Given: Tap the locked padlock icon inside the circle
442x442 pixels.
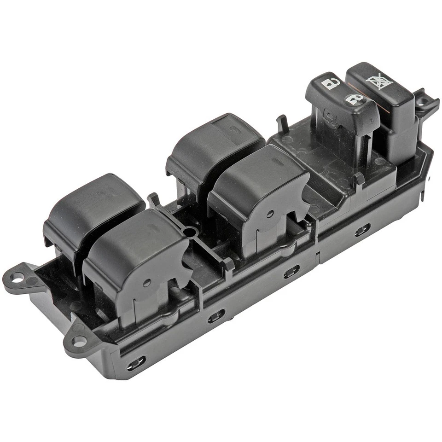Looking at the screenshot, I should [x=354, y=99].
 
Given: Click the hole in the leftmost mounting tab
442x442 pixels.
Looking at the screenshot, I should [x=17, y=277].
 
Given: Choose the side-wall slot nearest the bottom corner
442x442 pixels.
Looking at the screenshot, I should [x=136, y=362].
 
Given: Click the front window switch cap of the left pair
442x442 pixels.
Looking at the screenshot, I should [x=134, y=249].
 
